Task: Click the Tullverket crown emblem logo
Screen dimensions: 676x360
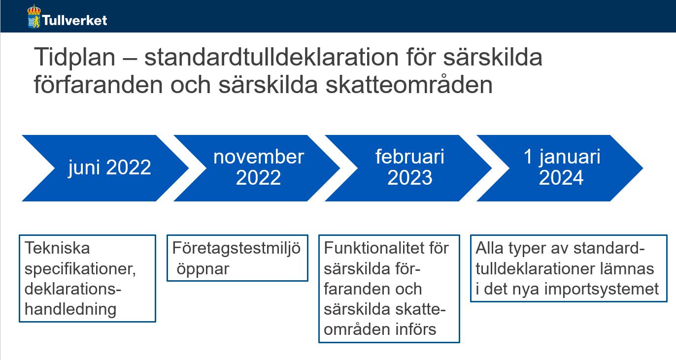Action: coord(34,16)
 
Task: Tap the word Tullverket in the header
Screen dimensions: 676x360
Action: coord(74,21)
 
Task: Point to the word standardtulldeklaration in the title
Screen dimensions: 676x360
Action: coord(271,57)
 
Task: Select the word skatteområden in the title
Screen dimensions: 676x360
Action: coord(409,85)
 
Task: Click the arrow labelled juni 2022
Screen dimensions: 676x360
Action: coord(105,168)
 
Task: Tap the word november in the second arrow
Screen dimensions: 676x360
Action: coord(259,157)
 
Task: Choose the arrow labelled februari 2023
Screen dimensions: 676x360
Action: coord(408,168)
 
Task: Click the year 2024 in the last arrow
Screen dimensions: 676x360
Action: coord(561,177)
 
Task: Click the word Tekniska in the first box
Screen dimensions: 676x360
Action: coord(57,248)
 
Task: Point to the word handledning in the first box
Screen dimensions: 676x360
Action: coord(70,309)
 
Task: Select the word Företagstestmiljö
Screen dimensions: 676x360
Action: coord(237,249)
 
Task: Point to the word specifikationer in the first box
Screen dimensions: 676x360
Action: coord(80,269)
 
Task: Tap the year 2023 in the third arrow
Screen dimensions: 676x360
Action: coord(409,177)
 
